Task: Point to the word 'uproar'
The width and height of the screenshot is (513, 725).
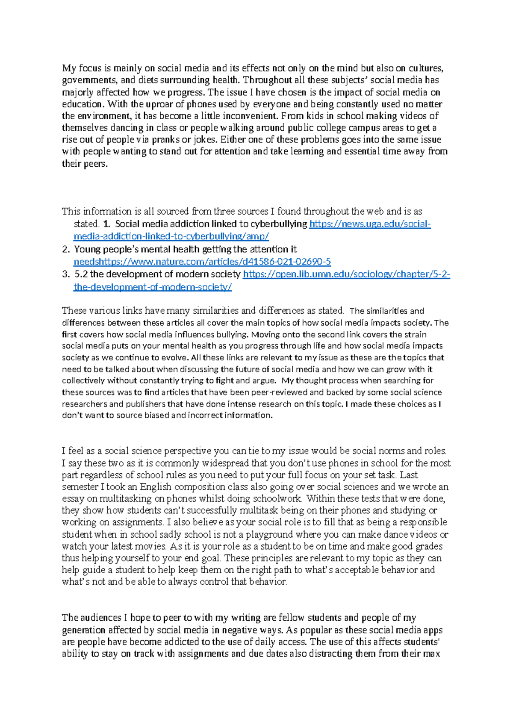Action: [x=159, y=104]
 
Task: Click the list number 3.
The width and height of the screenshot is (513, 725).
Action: [x=65, y=274]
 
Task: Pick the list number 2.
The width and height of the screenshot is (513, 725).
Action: [x=65, y=250]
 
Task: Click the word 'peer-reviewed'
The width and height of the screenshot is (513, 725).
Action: [x=279, y=392]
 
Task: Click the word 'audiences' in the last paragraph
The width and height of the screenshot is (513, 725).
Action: [x=101, y=618]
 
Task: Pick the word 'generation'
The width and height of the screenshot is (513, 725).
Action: [x=84, y=630]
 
